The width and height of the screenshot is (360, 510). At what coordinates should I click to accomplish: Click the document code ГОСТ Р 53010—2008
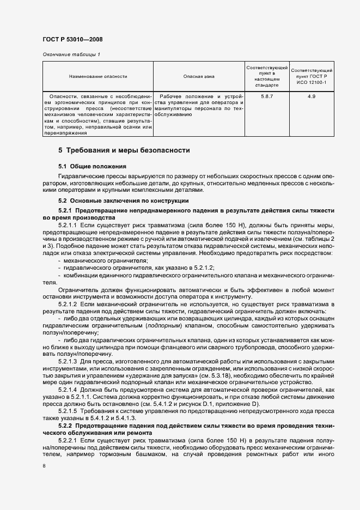coord(72,40)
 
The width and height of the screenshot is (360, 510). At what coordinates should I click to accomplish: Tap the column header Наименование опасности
coord(98,77)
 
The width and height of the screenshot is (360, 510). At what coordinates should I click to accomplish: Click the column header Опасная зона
coord(198,77)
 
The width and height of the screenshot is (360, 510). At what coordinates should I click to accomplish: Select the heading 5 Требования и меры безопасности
coord(124,150)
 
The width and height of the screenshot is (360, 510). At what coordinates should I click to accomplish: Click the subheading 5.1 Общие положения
coord(92,166)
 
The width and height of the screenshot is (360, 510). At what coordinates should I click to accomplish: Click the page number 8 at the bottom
coord(44,466)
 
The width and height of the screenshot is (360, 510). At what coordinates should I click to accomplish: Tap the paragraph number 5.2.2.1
coord(68,439)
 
